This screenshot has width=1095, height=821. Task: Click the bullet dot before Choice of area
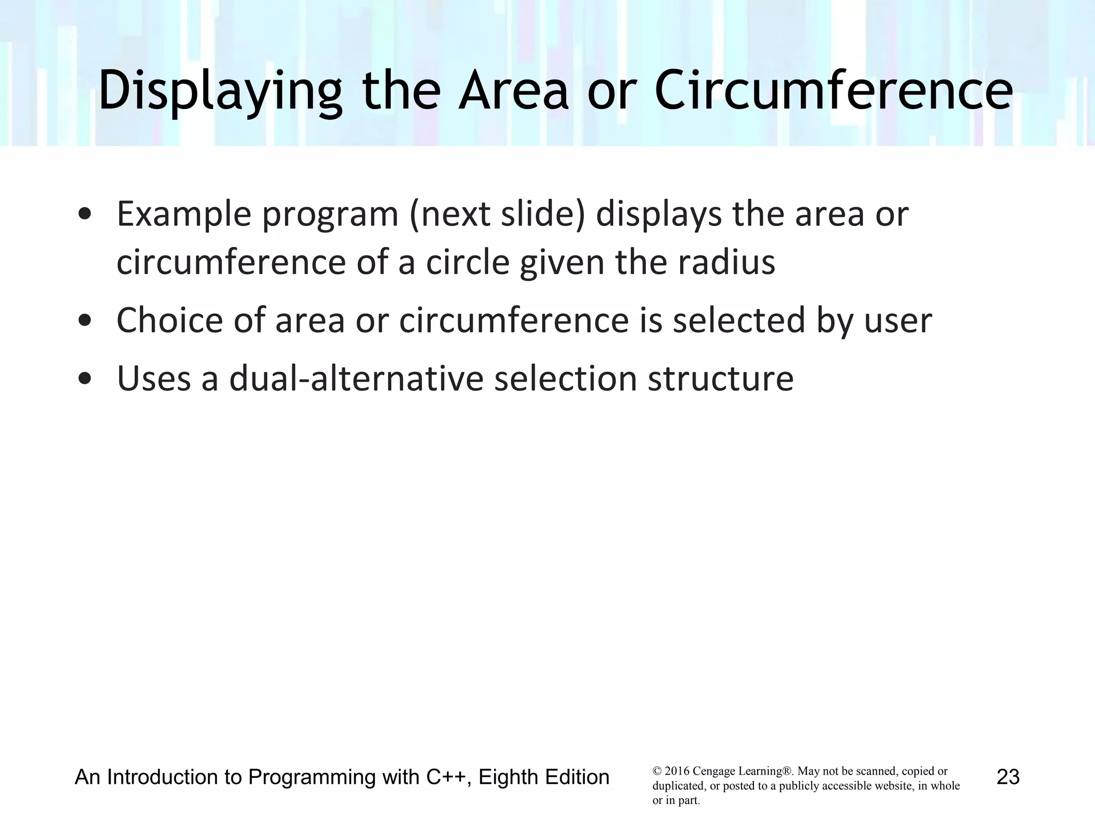coord(84,321)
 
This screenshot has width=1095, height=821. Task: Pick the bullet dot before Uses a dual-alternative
coord(84,379)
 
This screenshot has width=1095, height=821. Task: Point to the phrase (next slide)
coord(497,214)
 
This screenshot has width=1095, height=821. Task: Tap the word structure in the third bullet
coord(720,378)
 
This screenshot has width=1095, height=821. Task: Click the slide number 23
coord(1008,777)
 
